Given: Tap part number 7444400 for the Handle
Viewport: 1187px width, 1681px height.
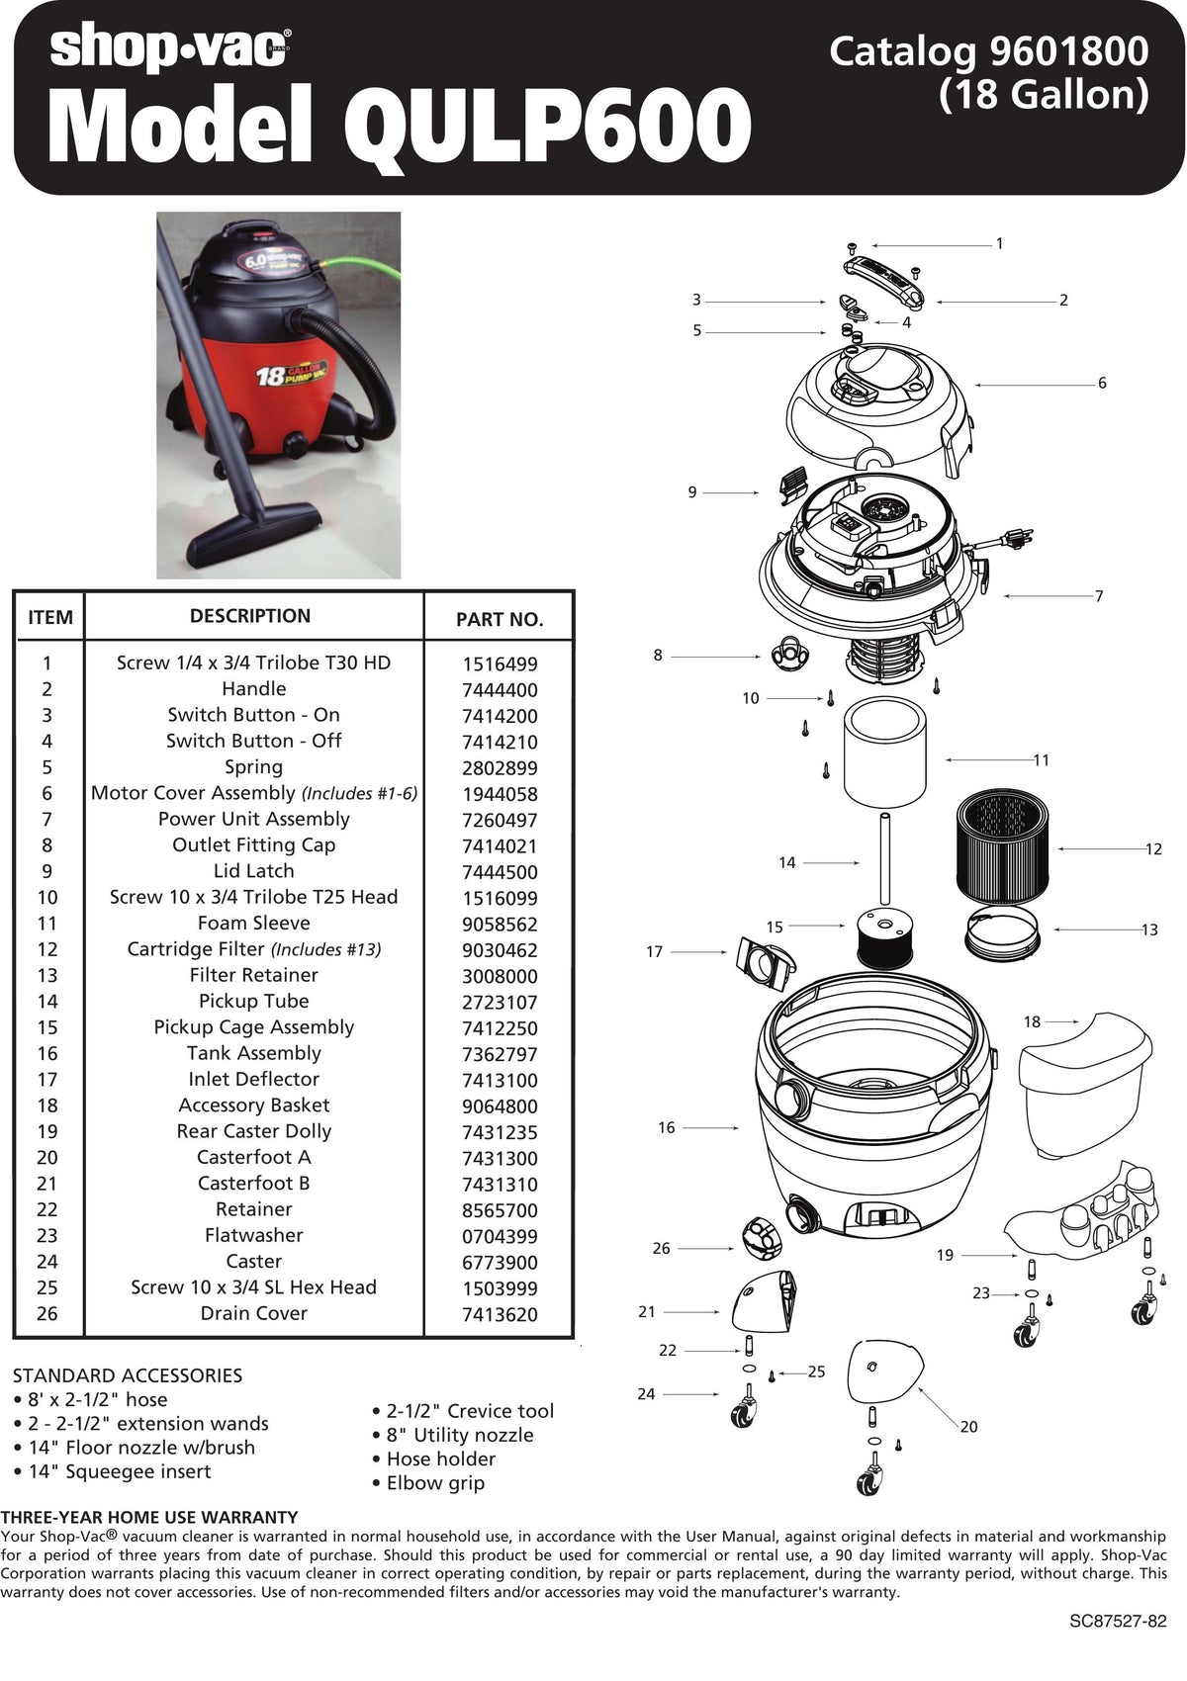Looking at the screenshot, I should pyautogui.click(x=500, y=690).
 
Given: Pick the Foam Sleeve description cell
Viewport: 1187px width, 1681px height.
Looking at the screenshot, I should pyautogui.click(x=253, y=924).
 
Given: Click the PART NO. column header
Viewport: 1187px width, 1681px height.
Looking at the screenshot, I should pyautogui.click(x=500, y=620).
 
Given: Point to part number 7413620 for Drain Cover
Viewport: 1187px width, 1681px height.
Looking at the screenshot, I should pyautogui.click(x=500, y=1315).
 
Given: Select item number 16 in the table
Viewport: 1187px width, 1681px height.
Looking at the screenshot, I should pyautogui.click(x=47, y=1054).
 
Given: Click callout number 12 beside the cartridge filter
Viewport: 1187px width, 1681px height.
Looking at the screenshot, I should pyautogui.click(x=1153, y=849).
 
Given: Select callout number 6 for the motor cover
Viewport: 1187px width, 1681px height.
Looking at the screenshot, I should pyautogui.click(x=1102, y=384).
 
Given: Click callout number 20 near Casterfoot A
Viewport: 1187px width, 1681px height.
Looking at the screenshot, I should pyautogui.click(x=968, y=1427).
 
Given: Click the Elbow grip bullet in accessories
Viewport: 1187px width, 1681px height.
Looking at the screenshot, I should pyautogui.click(x=435, y=1483).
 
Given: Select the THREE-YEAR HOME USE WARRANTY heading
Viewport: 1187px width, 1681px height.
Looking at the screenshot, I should pyautogui.click(x=149, y=1517).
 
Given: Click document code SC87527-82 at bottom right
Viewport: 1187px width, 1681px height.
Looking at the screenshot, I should pyautogui.click(x=1118, y=1622).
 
